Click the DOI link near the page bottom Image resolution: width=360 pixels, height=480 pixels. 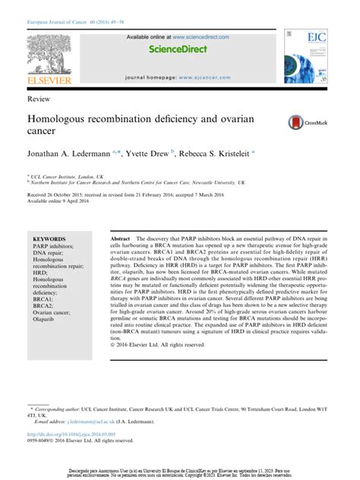pos(72,434)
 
